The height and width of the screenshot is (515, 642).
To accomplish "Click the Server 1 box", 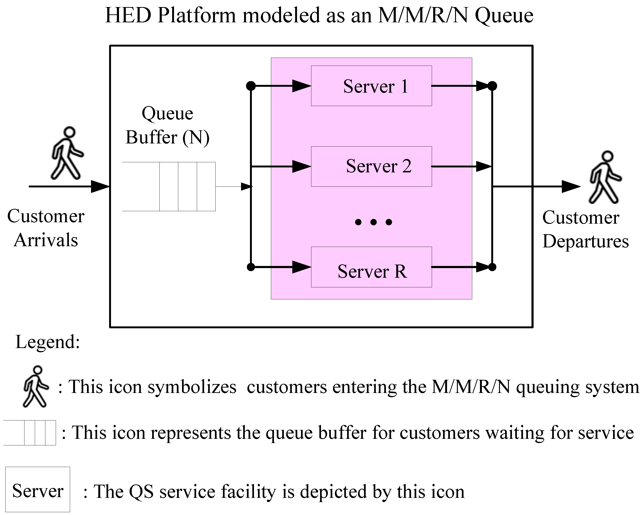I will pyautogui.click(x=371, y=86).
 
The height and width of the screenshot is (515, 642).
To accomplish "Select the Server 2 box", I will pyautogui.click(x=371, y=166).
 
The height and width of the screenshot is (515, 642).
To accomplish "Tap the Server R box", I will pyautogui.click(x=371, y=267).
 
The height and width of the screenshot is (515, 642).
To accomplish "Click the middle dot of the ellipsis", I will pyautogui.click(x=373, y=222).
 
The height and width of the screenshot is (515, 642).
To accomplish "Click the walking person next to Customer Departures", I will pyautogui.click(x=605, y=177).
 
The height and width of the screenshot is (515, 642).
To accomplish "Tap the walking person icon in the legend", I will pyautogui.click(x=36, y=386).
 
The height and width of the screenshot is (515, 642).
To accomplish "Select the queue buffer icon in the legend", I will pyautogui.click(x=30, y=432).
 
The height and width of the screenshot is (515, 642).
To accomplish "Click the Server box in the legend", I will pyautogui.click(x=38, y=490).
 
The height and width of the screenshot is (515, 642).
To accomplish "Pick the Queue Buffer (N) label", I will pyautogui.click(x=167, y=125).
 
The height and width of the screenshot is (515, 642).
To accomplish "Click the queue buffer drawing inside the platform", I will pyautogui.click(x=169, y=187).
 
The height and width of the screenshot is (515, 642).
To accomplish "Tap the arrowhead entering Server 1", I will pyautogui.click(x=301, y=86).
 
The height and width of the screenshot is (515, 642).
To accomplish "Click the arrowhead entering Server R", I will pyautogui.click(x=301, y=267).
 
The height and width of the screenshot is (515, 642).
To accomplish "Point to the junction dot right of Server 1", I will pyautogui.click(x=492, y=86).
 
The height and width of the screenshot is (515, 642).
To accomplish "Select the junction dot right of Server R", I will pyautogui.click(x=492, y=267).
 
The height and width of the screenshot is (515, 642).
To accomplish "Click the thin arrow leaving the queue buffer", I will pyautogui.click(x=234, y=187).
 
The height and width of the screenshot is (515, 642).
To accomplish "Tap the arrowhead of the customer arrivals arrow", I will pyautogui.click(x=100, y=187).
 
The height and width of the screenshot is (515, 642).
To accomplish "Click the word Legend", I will pyautogui.click(x=48, y=342).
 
